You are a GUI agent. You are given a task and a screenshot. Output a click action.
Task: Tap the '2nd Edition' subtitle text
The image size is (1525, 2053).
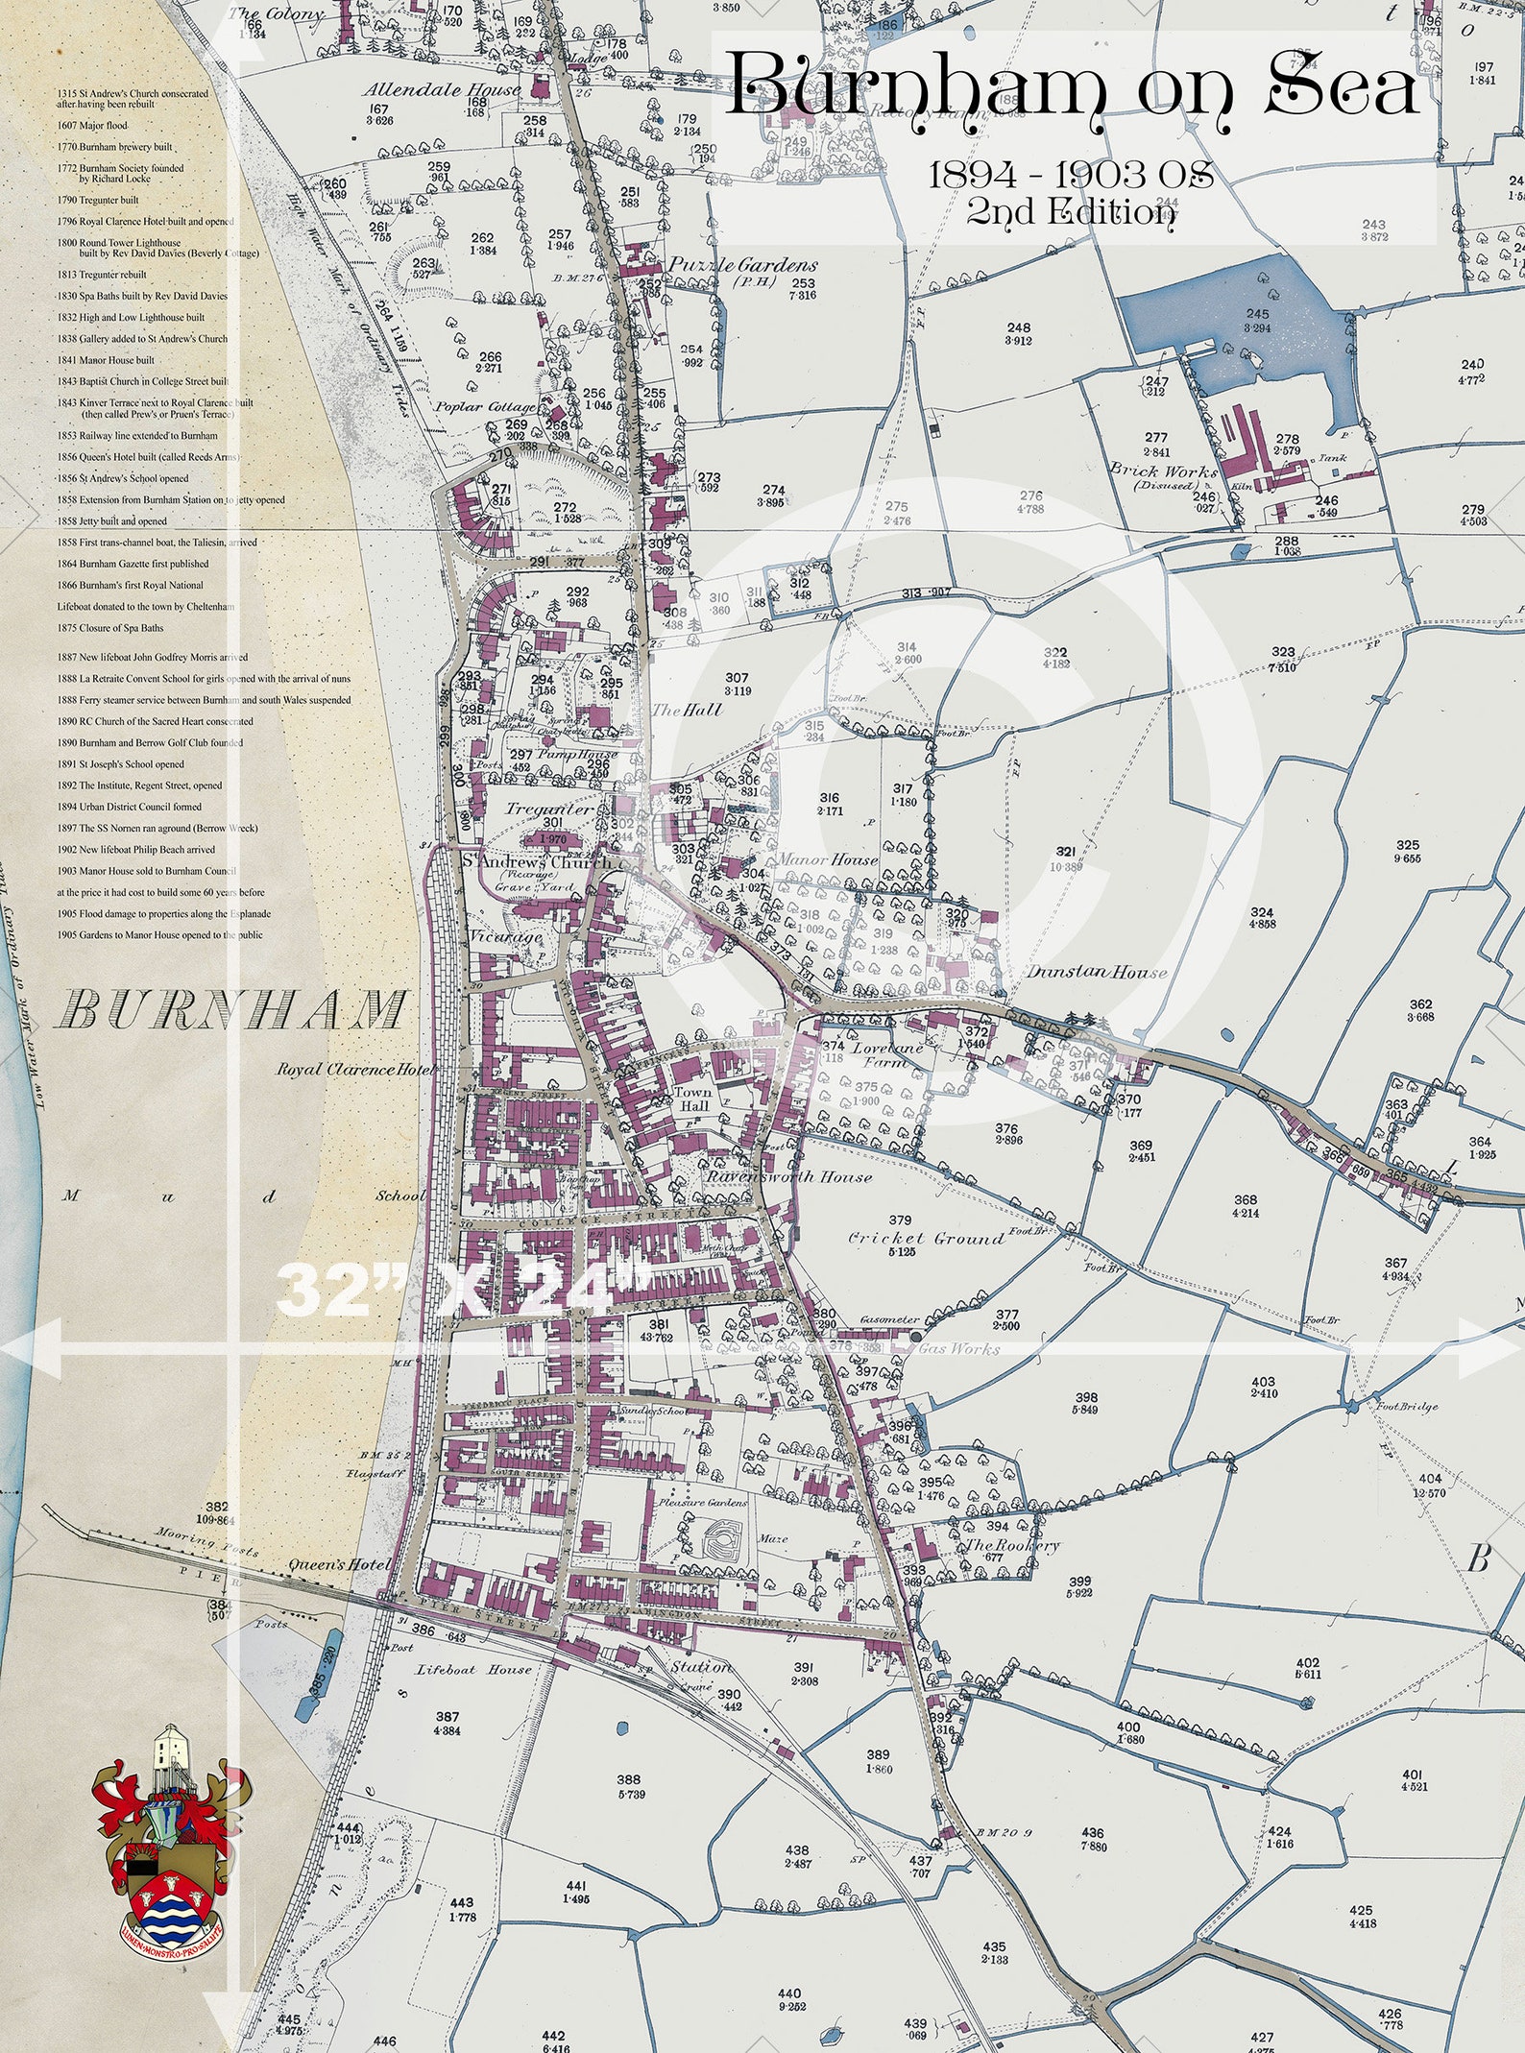[x=1071, y=210]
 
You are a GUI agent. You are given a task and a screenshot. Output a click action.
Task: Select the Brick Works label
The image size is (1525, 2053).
[x=1163, y=471]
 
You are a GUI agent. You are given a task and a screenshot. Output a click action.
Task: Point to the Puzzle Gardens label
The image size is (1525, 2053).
[x=743, y=265]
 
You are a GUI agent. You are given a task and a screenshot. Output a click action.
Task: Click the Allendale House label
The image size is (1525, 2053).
[x=442, y=90]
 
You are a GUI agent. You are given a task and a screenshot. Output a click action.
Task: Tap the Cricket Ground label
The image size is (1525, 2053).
[x=926, y=1238]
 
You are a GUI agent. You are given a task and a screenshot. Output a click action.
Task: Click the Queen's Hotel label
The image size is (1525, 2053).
[x=340, y=1565]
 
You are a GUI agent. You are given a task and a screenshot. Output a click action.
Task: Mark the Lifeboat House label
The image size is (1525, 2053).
[x=473, y=1670]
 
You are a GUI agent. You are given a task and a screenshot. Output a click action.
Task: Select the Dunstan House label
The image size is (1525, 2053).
[x=1097, y=972]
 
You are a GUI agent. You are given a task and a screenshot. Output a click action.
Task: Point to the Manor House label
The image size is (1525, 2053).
[x=828, y=859]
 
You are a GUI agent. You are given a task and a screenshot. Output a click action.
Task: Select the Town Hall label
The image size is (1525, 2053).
[x=692, y=1099]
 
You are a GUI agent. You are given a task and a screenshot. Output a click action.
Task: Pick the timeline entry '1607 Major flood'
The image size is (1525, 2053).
[x=91, y=126]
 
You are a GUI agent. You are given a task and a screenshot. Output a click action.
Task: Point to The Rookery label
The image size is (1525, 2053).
[x=1012, y=1545]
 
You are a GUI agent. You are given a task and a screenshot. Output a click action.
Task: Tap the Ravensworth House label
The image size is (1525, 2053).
[x=788, y=1176]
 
